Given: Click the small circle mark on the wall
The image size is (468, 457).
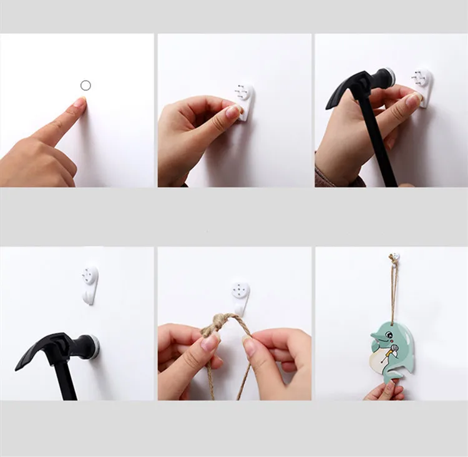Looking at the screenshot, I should tap(86, 85).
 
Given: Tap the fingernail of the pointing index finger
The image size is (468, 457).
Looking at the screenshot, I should tap(79, 102).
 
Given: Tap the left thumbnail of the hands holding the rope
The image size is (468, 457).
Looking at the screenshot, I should tap(208, 342).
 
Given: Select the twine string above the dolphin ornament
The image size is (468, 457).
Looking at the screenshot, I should tap(394, 293).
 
